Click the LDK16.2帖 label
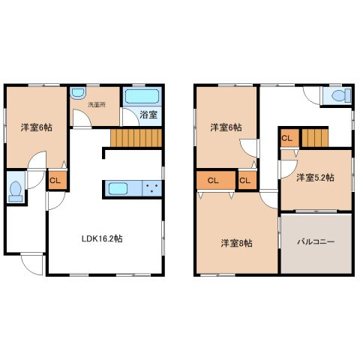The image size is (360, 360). pyautogui.click(x=102, y=238)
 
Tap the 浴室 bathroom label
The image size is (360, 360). pyautogui.click(x=148, y=115)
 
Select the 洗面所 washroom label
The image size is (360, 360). pyautogui.click(x=97, y=105)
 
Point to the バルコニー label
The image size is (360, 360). pyautogui.click(x=316, y=241)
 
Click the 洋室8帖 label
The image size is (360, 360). pyautogui.click(x=236, y=243)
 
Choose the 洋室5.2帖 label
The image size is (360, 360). pyautogui.click(x=315, y=178)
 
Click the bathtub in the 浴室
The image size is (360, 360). pyautogui.click(x=142, y=97)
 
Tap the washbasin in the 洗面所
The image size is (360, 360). pyautogui.click(x=78, y=93)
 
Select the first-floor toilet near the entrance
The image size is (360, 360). pyautogui.click(x=16, y=191)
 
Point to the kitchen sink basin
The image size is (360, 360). pyautogui.click(x=118, y=188)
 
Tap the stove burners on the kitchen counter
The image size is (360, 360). pyautogui.click(x=151, y=188)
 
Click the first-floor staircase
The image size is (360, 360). pyautogui.click(x=136, y=138)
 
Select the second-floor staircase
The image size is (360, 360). pyautogui.click(x=315, y=138)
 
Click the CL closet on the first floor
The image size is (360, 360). pyautogui.click(x=58, y=180)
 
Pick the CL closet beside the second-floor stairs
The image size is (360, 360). pyautogui.click(x=289, y=138)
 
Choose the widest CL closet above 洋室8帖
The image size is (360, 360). pyautogui.click(x=216, y=180)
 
